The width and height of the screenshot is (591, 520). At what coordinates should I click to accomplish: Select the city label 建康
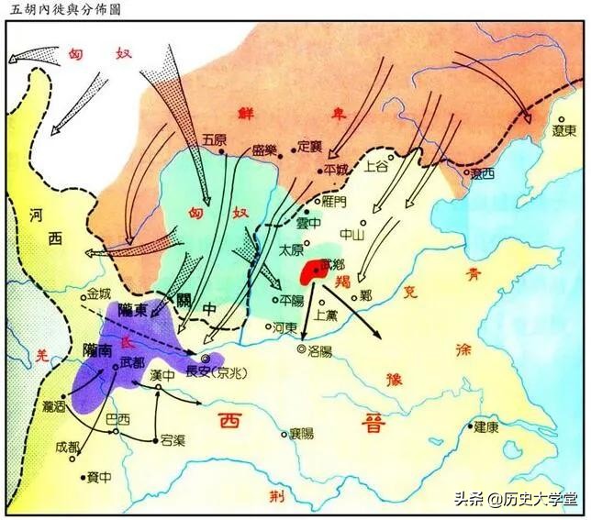(486, 426)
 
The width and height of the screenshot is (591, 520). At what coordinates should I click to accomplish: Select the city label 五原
(213, 140)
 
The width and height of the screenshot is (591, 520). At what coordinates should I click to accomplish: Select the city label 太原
(291, 249)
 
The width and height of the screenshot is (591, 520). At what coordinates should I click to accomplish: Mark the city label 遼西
(482, 172)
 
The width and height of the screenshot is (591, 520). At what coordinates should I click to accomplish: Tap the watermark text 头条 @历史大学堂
(519, 500)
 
